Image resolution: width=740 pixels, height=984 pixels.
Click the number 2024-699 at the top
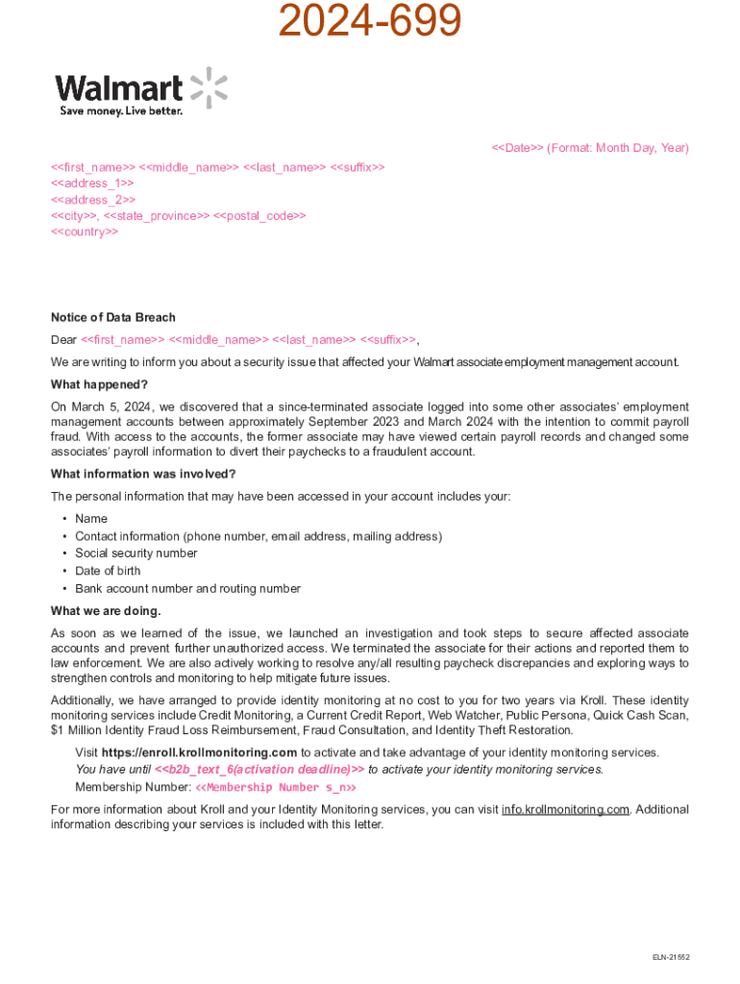370,21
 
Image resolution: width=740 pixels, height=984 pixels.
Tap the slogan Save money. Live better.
121,111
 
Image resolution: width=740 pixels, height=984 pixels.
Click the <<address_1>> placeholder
92,183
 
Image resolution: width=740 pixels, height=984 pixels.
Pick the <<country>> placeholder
85,233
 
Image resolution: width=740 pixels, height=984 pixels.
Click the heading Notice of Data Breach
113,317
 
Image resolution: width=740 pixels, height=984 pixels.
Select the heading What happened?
99,384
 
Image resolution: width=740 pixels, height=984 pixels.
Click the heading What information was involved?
143,474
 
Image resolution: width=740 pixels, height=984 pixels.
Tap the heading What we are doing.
106,611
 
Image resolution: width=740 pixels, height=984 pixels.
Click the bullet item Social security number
136,553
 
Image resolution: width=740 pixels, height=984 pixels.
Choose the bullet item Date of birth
108,571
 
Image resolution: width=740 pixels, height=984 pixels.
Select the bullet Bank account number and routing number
187,589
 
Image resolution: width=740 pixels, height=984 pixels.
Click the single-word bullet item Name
91,519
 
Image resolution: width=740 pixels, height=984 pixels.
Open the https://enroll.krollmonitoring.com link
199,752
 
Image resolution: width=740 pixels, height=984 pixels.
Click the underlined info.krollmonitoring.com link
566,809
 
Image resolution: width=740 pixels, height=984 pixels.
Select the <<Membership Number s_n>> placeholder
276,788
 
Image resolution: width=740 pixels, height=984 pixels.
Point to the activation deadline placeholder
259,770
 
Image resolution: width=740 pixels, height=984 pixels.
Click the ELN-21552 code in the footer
671,957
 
